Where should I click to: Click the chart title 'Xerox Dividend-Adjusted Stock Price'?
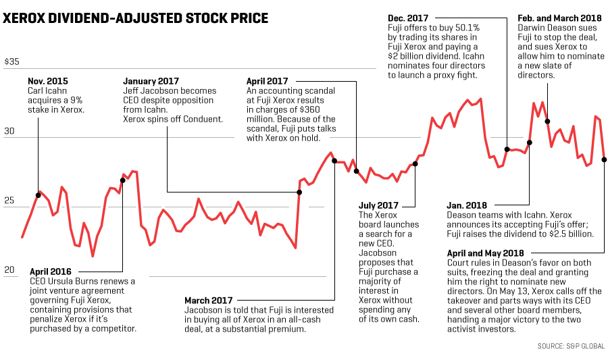(x=135, y=18)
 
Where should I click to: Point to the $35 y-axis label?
(x=12, y=61)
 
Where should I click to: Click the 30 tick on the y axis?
(x=9, y=132)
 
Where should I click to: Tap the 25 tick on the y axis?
(x=9, y=201)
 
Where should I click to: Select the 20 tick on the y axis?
(x=9, y=270)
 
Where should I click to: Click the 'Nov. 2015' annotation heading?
(x=48, y=79)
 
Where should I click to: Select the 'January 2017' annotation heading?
(x=151, y=79)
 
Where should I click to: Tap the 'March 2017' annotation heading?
(x=209, y=300)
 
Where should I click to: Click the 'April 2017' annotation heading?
(x=268, y=79)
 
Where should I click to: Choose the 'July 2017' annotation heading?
(x=378, y=205)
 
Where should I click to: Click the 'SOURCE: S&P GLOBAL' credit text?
(x=571, y=346)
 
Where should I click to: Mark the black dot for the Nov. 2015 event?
(x=38, y=195)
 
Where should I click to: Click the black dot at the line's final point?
(x=603, y=159)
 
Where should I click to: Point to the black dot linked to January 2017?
(x=299, y=192)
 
